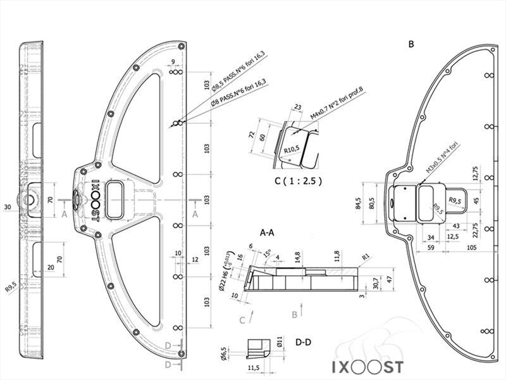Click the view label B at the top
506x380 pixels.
point(412,44)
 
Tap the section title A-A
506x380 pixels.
point(267,232)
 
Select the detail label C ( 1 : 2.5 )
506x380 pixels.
point(298,180)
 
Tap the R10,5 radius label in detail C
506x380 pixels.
point(291,149)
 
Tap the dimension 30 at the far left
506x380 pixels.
point(8,207)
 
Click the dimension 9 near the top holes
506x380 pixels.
point(173,62)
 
